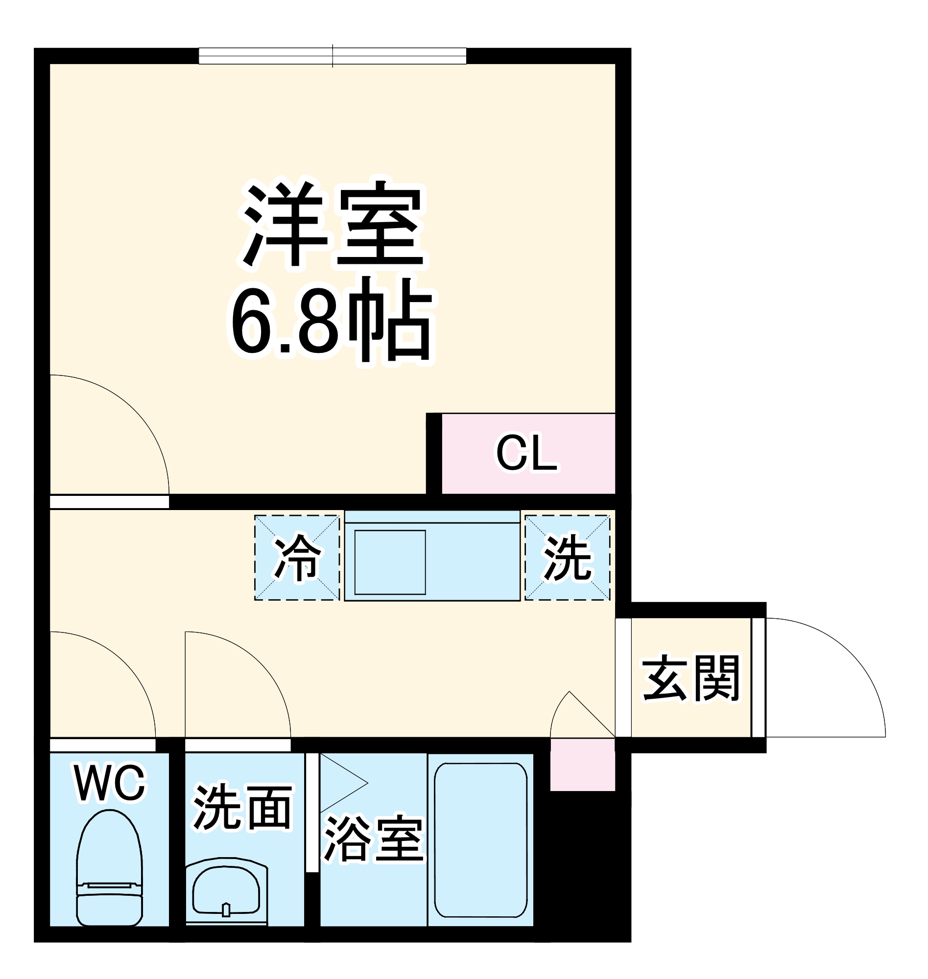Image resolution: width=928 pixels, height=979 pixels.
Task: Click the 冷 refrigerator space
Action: pyautogui.click(x=297, y=557)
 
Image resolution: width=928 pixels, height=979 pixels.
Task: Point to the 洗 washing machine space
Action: pyautogui.click(x=568, y=557)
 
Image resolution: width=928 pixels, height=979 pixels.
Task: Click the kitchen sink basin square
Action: pyautogui.click(x=390, y=562)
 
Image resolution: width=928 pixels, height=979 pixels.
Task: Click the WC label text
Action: pyautogui.click(x=109, y=784)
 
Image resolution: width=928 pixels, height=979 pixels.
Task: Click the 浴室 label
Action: pyautogui.click(x=374, y=839)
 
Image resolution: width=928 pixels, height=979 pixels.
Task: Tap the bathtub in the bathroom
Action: pyautogui.click(x=480, y=840)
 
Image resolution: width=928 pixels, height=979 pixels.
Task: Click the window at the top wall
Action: pyautogui.click(x=333, y=56)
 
